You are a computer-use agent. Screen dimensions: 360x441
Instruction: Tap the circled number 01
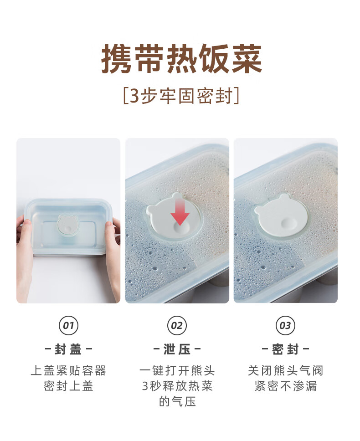click(x=68, y=325)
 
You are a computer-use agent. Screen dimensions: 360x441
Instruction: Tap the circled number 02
click(x=177, y=325)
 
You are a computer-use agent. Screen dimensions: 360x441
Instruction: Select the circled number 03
click(x=285, y=325)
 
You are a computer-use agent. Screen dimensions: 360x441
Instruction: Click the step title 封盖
click(x=68, y=349)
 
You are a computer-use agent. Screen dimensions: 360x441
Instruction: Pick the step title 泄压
click(x=177, y=349)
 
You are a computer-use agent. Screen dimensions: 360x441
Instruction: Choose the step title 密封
click(x=285, y=349)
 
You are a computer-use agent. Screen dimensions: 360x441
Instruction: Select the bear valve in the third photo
click(x=281, y=216)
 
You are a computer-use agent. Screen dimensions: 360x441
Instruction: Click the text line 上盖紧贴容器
click(x=68, y=371)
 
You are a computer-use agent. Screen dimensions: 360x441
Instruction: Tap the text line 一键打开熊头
click(x=177, y=371)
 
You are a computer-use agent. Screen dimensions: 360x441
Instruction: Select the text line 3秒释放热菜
click(x=177, y=386)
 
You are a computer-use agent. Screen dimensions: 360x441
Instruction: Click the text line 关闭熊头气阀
click(x=285, y=371)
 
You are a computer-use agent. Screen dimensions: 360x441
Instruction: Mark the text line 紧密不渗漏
click(x=285, y=386)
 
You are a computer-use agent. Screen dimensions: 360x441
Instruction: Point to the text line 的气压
click(x=177, y=401)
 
